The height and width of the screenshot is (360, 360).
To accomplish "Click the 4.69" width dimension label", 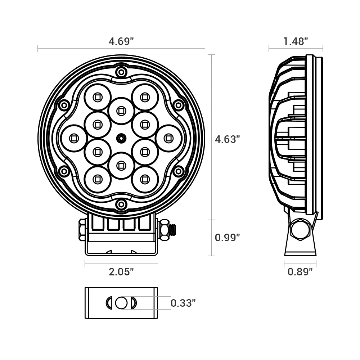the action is [121, 41].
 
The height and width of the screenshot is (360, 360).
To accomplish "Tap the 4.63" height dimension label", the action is [227, 139].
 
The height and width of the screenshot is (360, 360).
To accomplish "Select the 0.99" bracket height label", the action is [227, 237].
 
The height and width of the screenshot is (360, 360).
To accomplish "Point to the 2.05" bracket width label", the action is [121, 272].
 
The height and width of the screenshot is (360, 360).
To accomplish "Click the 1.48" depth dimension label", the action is [296, 41].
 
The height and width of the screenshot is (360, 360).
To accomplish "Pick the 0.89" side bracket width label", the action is [300, 272].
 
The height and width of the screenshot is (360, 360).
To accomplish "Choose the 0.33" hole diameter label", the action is [183, 303].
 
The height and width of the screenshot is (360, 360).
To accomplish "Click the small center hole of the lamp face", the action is [121, 139].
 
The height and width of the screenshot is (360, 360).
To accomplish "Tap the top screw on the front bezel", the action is [121, 72].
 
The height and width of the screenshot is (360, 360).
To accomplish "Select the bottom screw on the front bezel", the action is [121, 204].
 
